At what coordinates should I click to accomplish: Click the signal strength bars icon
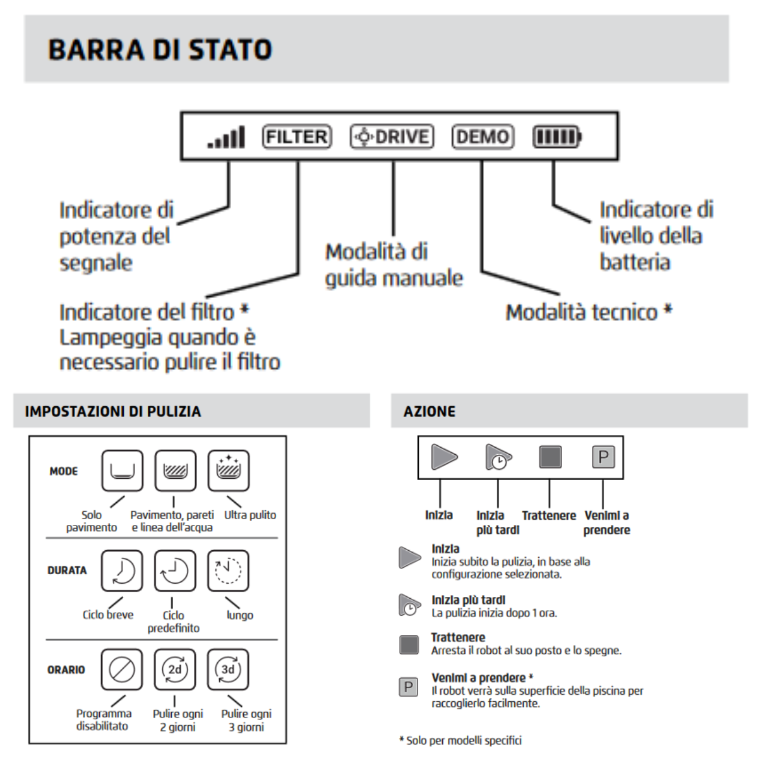tap(226, 137)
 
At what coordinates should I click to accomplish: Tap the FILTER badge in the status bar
tap(297, 136)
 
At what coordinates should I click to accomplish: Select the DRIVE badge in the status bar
tap(392, 136)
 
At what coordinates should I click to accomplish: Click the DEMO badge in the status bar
tap(483, 136)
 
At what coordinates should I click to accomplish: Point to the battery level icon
tap(556, 136)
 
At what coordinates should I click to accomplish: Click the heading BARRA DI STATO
tap(160, 50)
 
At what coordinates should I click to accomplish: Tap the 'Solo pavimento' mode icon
tap(122, 471)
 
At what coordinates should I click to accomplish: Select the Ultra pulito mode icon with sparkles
tap(228, 471)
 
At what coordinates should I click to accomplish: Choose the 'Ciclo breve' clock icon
tap(122, 570)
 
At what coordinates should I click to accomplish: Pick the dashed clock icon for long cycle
tap(228, 570)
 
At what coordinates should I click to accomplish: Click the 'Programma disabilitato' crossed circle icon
tap(122, 669)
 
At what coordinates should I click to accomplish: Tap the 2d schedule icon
tap(175, 669)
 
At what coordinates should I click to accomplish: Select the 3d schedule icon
tap(228, 669)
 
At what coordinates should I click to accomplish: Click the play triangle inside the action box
tap(444, 457)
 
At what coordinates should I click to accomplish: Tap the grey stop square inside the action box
tap(550, 457)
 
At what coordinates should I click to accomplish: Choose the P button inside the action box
tap(603, 457)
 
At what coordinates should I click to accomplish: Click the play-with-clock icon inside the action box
tap(498, 457)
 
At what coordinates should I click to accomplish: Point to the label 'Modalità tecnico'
tap(582, 312)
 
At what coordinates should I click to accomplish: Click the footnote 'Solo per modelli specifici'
tap(464, 740)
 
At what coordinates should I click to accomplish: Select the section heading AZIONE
tap(430, 412)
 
